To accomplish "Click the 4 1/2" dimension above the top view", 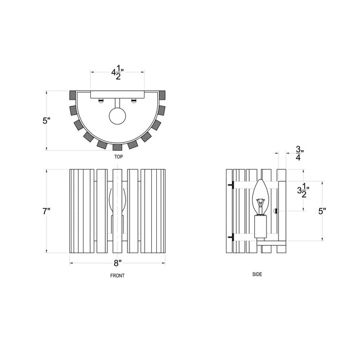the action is pyautogui.click(x=117, y=73).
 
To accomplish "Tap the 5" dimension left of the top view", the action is pyautogui.click(x=47, y=121).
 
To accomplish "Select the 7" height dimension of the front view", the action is pyautogui.click(x=47, y=211).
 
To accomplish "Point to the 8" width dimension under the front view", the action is pyautogui.click(x=117, y=263).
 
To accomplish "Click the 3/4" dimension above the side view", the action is pyautogui.click(x=299, y=153).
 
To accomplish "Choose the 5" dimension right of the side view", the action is pyautogui.click(x=322, y=211).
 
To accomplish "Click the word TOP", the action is pyautogui.click(x=119, y=157).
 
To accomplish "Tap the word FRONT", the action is pyautogui.click(x=117, y=275).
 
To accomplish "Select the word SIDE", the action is pyautogui.click(x=257, y=274).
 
